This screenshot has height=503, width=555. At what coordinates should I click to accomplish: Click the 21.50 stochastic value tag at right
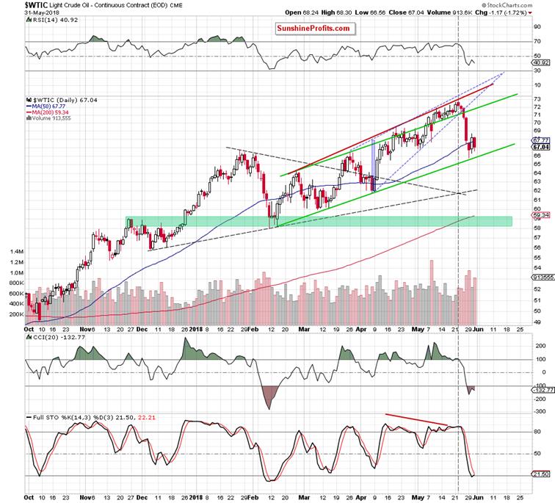[x=541, y=476]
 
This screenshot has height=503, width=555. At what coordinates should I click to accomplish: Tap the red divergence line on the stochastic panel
[x=416, y=420]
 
